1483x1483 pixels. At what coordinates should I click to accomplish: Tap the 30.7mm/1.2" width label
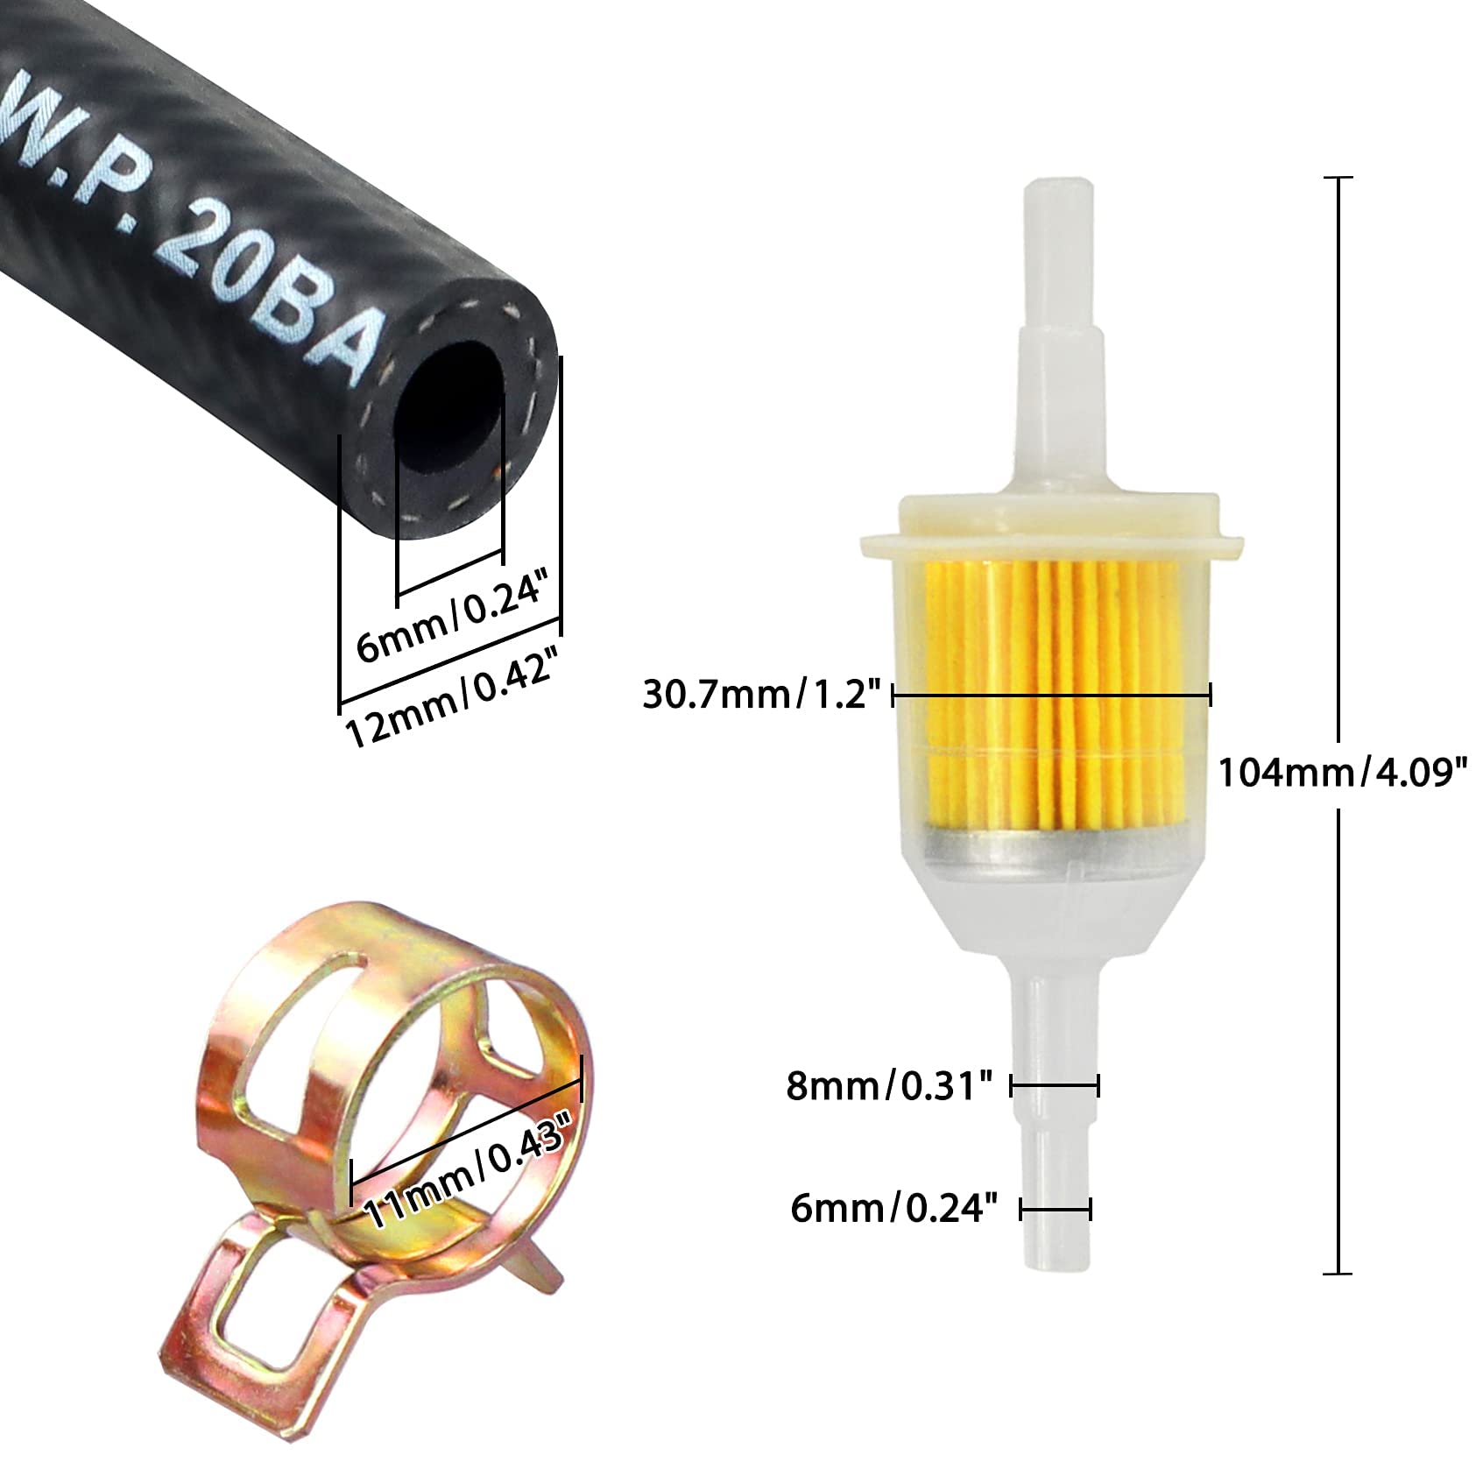pos(761,696)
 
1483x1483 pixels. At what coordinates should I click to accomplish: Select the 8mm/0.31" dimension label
pos(889,1087)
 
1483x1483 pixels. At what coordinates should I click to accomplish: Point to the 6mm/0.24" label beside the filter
pos(894,1210)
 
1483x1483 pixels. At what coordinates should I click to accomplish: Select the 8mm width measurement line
pos(1055,1087)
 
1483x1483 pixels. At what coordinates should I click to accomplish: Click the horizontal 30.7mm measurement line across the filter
pos(1051,696)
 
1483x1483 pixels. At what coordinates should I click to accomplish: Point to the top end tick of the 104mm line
pos(1337,178)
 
